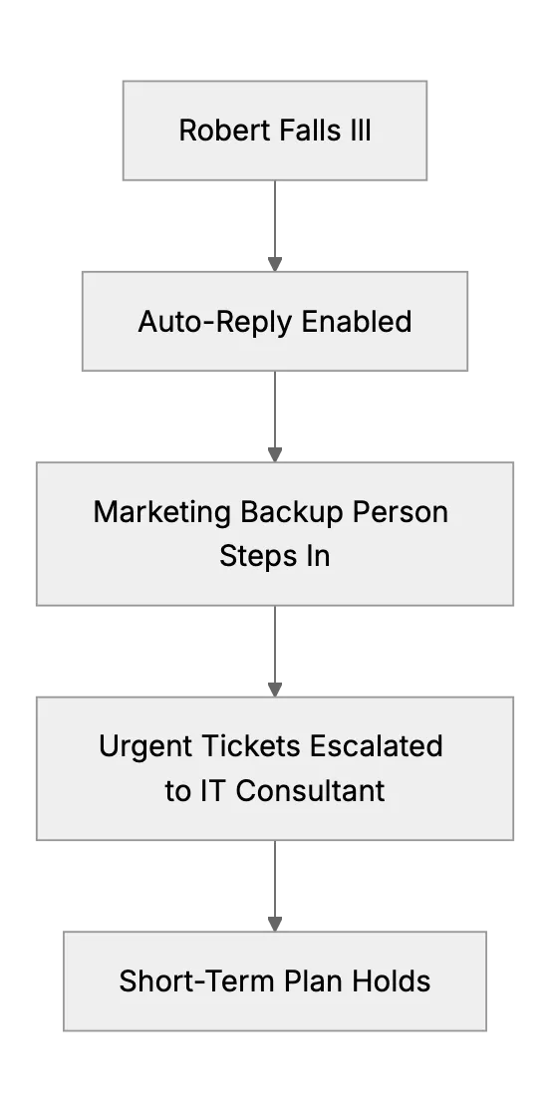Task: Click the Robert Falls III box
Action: [x=275, y=131]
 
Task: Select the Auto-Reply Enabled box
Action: [x=275, y=321]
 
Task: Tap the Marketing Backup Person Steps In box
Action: [x=275, y=534]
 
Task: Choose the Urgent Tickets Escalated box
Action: [x=275, y=769]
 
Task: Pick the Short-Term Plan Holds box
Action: [x=275, y=980]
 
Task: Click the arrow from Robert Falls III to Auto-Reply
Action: [x=275, y=226]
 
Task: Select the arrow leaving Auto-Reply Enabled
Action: [x=275, y=417]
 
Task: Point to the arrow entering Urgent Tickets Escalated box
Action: [x=275, y=652]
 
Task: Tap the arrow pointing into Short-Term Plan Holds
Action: [x=275, y=887]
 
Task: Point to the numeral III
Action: [x=361, y=131]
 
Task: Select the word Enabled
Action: [x=357, y=321]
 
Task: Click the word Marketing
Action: [x=162, y=512]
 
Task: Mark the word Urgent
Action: [x=146, y=746]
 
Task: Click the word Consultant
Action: [x=310, y=791]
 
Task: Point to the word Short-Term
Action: [x=197, y=981]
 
